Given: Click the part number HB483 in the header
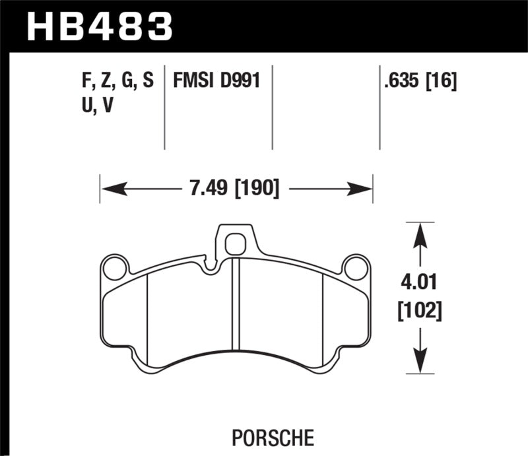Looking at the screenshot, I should click(x=99, y=26).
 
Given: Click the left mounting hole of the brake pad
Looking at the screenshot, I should click(x=115, y=268).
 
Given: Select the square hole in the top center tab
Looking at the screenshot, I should click(x=234, y=245).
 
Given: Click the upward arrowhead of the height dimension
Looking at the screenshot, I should click(x=416, y=232).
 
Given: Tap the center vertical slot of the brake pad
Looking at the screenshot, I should click(x=236, y=304).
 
